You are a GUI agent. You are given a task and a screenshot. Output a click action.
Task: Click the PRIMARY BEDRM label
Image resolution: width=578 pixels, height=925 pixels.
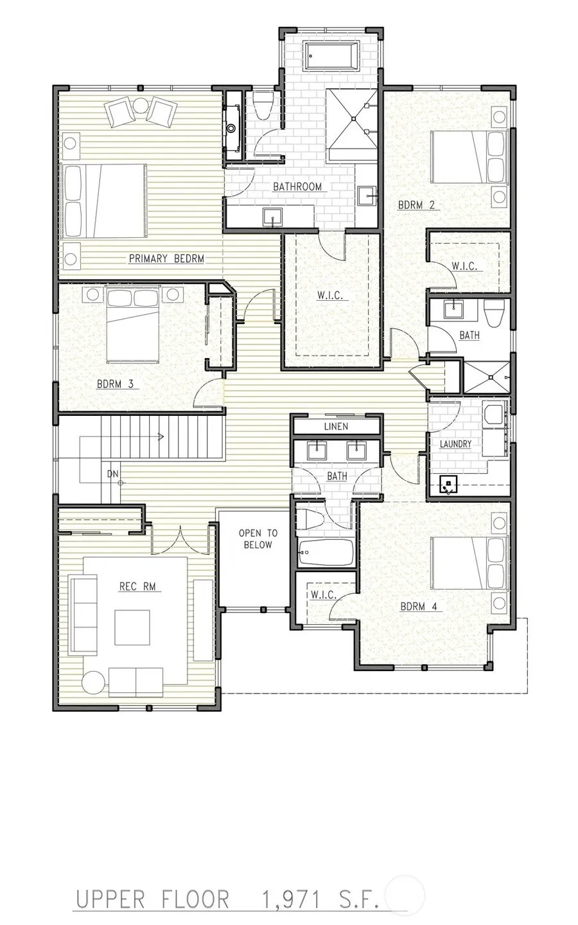point(166,258)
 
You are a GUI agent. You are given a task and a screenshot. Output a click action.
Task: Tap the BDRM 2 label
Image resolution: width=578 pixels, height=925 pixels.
point(416,205)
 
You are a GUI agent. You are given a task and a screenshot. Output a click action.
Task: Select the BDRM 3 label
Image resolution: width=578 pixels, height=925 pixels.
point(115,384)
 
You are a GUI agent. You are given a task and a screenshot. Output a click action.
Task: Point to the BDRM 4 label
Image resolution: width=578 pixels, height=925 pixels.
point(419,607)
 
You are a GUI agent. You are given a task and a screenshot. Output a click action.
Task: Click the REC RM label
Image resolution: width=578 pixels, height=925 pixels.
point(137,586)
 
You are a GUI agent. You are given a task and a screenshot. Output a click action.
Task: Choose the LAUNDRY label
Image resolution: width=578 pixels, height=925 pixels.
point(455,444)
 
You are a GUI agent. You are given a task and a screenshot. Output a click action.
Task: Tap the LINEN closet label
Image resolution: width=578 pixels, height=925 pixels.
point(336,427)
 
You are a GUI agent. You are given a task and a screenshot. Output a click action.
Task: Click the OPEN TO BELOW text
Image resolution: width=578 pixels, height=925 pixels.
point(258,539)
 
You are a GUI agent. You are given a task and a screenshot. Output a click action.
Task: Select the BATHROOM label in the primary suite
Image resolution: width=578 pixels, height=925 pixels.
point(297,186)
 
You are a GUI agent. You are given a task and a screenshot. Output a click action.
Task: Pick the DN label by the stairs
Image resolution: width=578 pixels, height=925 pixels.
point(112,474)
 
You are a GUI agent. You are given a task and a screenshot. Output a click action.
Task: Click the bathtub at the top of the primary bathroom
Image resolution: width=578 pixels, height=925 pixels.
point(332,55)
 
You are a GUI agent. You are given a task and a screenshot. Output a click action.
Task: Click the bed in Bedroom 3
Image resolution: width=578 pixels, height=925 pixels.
point(132,323)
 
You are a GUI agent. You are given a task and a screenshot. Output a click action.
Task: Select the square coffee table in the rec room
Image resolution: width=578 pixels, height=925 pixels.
point(132,627)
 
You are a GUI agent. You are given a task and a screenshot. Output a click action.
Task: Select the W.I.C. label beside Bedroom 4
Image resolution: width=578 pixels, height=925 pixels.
point(324,595)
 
